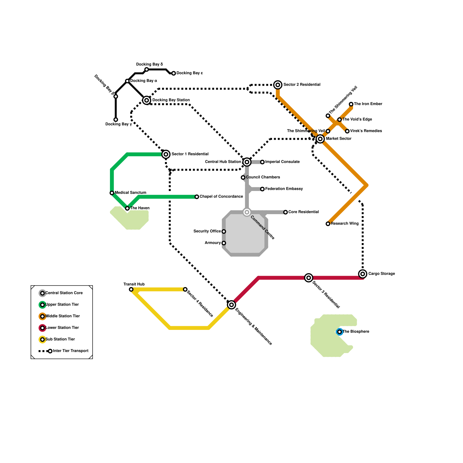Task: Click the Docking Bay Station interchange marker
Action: pyautogui.click(x=147, y=100)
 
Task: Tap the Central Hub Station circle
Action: pyautogui.click(x=247, y=162)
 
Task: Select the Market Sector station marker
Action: pyautogui.click(x=320, y=139)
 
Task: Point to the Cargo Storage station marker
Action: pyautogui.click(x=363, y=274)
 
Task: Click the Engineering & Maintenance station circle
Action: pyautogui.click(x=231, y=305)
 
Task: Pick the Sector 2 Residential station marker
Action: pyautogui.click(x=278, y=85)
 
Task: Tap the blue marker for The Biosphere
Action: pyautogui.click(x=339, y=332)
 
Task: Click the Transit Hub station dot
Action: pyautogui.click(x=131, y=289)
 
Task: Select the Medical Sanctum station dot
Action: pyautogui.click(x=112, y=193)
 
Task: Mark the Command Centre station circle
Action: pyautogui.click(x=247, y=212)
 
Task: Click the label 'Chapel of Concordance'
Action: pyautogui.click(x=221, y=197)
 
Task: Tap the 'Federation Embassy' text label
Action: pyautogui.click(x=284, y=189)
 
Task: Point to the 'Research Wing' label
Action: pyautogui.click(x=345, y=224)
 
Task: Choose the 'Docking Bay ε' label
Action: pyautogui.click(x=190, y=73)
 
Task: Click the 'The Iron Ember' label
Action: pyautogui.click(x=368, y=104)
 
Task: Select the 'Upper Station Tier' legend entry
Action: pyautogui.click(x=62, y=305)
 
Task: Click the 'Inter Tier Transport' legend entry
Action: pyautogui.click(x=71, y=351)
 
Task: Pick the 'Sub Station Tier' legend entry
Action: pyautogui.click(x=60, y=339)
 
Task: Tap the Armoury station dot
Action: pyautogui.click(x=224, y=243)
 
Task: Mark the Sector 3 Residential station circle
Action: pyautogui.click(x=309, y=278)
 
